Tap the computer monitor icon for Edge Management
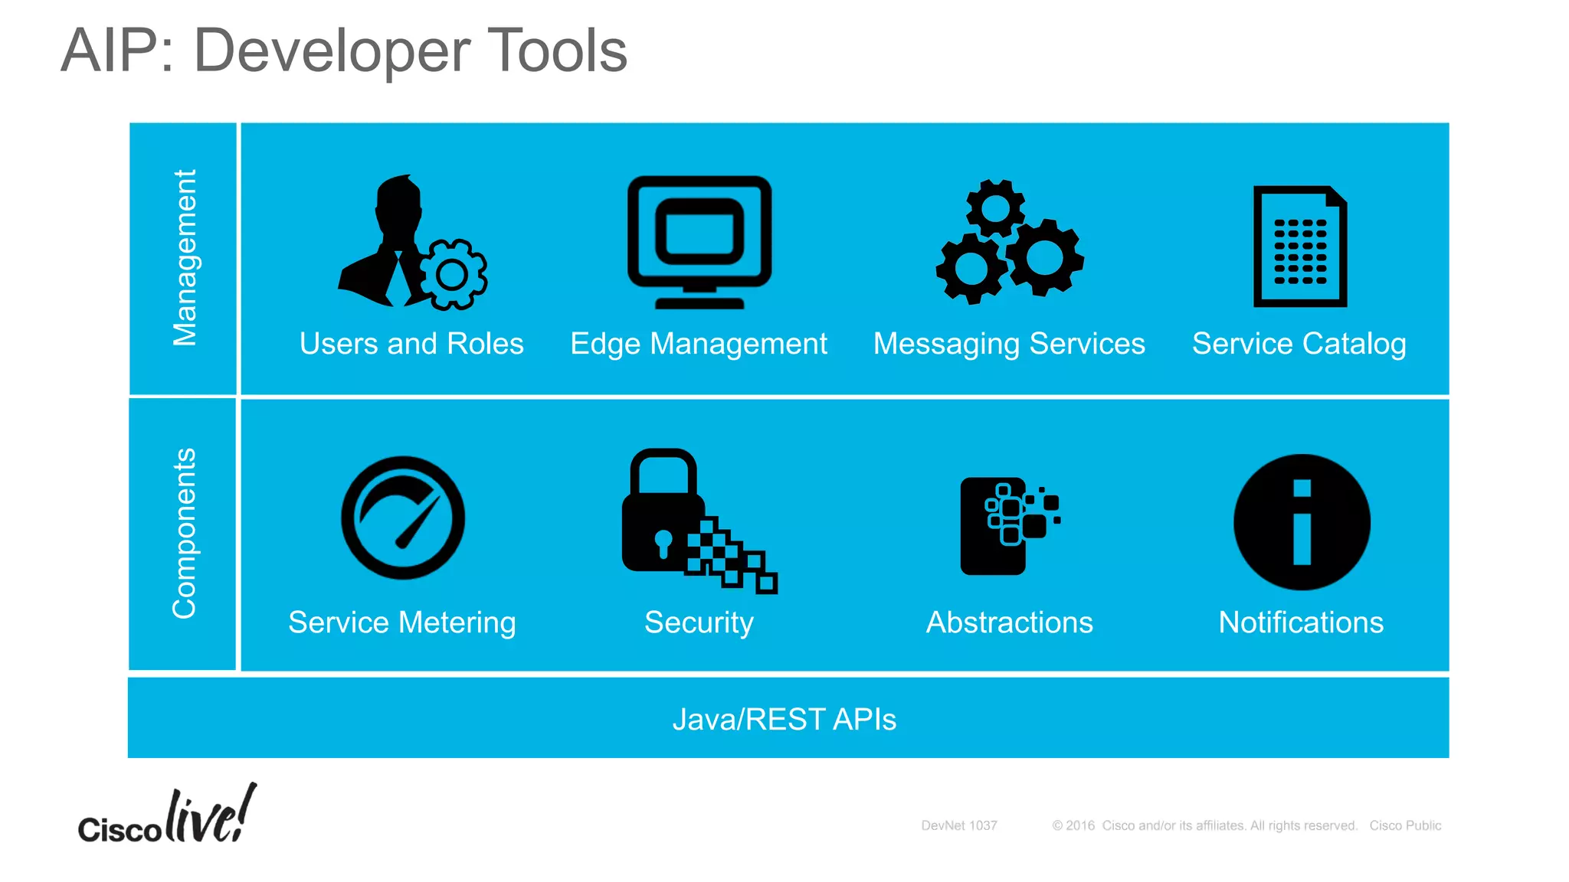click(699, 239)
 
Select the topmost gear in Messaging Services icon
click(995, 207)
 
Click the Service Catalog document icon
click(1299, 247)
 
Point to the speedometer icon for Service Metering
click(403, 518)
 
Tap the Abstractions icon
click(1008, 525)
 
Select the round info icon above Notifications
click(1302, 522)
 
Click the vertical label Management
click(185, 258)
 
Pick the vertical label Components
click(185, 534)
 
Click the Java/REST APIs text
click(784, 720)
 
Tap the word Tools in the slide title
click(557, 51)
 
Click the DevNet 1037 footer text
click(958, 825)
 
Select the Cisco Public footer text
click(1405, 825)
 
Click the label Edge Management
click(698, 344)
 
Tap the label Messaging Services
click(1009, 344)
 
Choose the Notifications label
click(1301, 622)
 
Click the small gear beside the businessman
click(453, 275)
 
